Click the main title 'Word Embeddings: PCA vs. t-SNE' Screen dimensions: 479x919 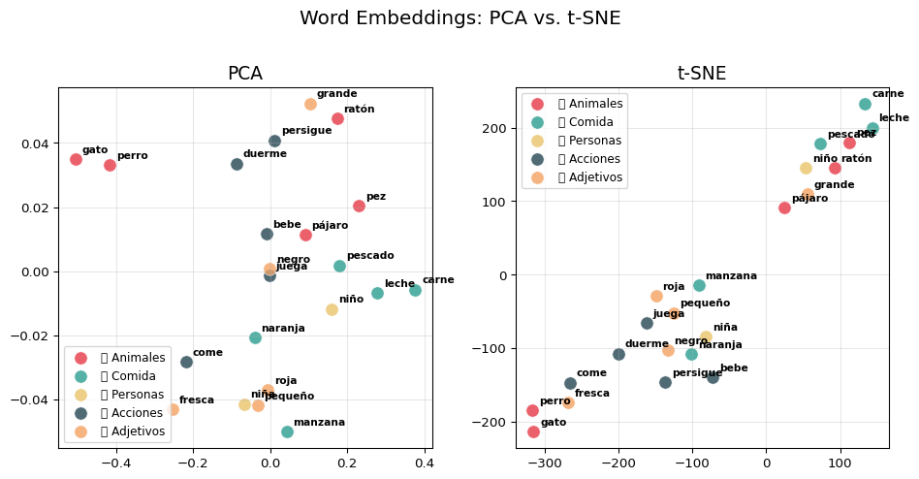pos(459,18)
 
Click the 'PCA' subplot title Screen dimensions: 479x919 pos(244,74)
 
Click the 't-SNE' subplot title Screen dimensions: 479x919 pos(701,74)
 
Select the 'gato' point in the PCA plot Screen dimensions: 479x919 pos(76,159)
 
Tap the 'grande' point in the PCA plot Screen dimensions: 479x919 pos(310,104)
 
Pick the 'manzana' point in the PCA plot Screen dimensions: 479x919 pos(287,431)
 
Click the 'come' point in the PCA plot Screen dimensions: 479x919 pos(186,362)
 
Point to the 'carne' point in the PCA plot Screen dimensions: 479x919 pos(415,290)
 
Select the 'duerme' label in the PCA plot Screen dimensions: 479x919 pos(265,154)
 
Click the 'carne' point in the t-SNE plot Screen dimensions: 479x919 pos(865,104)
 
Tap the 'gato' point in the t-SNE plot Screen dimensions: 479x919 pos(533,431)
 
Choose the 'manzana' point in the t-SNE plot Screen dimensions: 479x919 pos(699,285)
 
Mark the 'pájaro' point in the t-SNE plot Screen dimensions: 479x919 pos(784,208)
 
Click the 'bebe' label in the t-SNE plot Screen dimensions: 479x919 pos(734,368)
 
